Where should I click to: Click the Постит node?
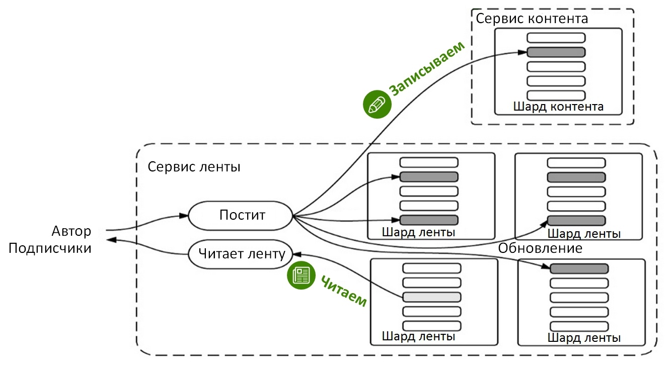pyautogui.click(x=241, y=216)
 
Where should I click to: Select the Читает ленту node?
pyautogui.click(x=241, y=254)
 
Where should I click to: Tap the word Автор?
pyautogui.click(x=71, y=231)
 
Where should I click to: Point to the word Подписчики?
pyautogui.click(x=50, y=248)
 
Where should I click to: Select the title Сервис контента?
pyautogui.click(x=532, y=19)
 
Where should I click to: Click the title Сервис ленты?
pyautogui.click(x=194, y=166)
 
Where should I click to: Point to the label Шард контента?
pyautogui.click(x=558, y=107)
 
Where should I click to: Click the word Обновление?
pyautogui.click(x=540, y=248)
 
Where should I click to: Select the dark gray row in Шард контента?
pyautogui.click(x=556, y=52)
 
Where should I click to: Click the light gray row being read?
pyautogui.click(x=432, y=297)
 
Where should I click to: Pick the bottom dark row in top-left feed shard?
pyautogui.click(x=429, y=220)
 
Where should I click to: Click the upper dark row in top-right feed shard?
pyautogui.click(x=576, y=177)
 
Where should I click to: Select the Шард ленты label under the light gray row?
pyautogui.click(x=418, y=336)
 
